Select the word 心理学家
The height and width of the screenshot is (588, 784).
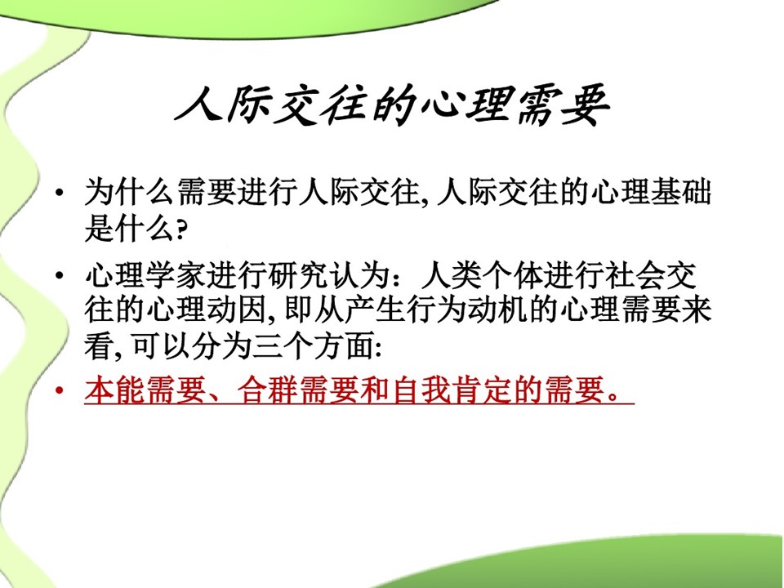point(145,275)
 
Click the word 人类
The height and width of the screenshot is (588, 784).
point(452,275)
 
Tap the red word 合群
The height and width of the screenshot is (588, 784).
point(268,390)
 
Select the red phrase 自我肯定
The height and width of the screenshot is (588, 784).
point(452,390)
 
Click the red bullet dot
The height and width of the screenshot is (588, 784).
point(60,390)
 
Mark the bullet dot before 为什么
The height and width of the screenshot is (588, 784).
point(60,192)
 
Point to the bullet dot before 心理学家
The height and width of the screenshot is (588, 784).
point(60,276)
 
